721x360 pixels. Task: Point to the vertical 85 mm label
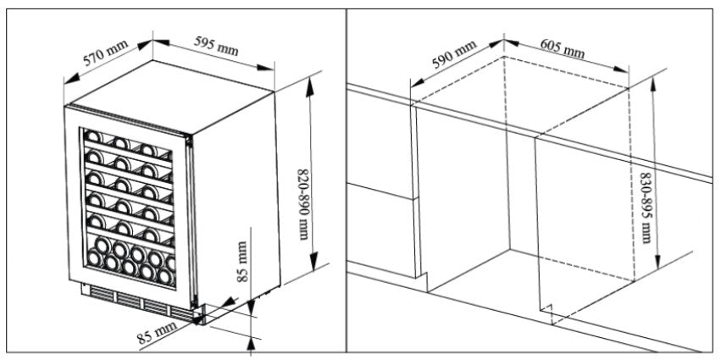[242, 263]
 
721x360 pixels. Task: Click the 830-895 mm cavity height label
[647, 207]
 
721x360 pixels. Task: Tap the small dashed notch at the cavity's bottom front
[548, 314]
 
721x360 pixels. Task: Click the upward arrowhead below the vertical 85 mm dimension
[252, 341]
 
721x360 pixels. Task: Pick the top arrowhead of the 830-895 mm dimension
[653, 79]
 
